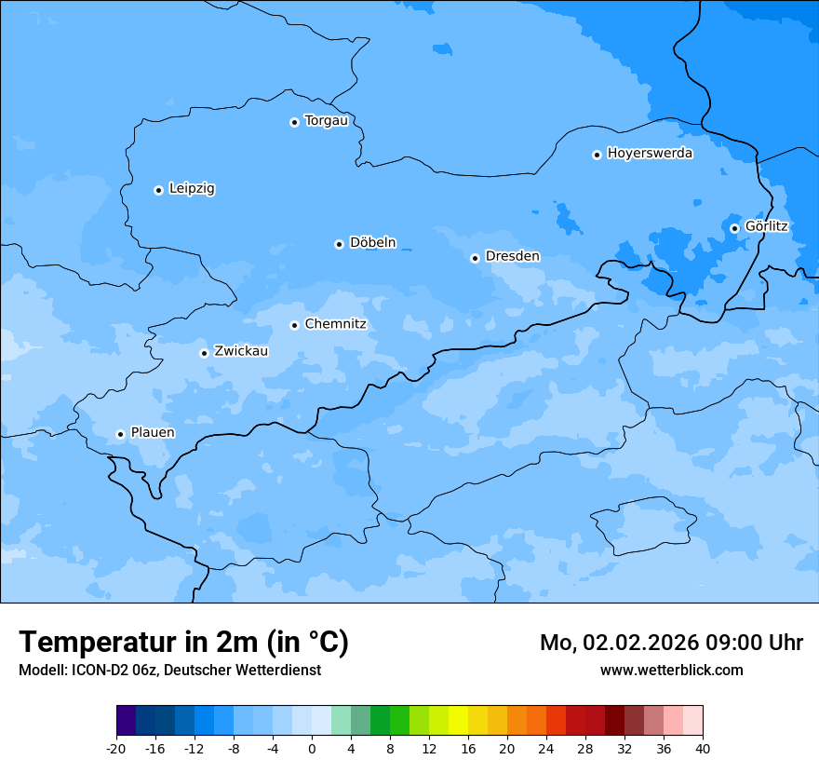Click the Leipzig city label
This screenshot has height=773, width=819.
tap(192, 188)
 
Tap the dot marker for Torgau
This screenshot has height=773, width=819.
tap(294, 122)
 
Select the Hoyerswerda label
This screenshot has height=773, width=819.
tap(650, 153)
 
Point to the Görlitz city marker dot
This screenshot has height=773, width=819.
tap(734, 228)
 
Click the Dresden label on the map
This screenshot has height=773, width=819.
tap(512, 256)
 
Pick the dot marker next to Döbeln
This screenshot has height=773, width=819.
tap(339, 244)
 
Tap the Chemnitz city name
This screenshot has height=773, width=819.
tap(335, 324)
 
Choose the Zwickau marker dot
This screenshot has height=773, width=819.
tap(204, 353)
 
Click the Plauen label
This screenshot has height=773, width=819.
tap(152, 432)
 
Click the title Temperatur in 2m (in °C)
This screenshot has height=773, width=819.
tap(183, 643)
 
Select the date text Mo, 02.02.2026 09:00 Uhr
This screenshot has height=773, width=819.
tap(671, 643)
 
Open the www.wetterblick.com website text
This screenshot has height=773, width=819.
tap(671, 670)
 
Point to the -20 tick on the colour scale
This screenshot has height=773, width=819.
tap(116, 748)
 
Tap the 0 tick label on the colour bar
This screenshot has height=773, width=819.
tap(312, 748)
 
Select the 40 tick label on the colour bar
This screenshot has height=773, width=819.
tap(702, 748)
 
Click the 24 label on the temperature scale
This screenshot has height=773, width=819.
tap(545, 748)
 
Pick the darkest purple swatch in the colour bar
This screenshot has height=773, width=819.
tap(127, 721)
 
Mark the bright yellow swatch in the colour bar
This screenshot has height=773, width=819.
tap(458, 721)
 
